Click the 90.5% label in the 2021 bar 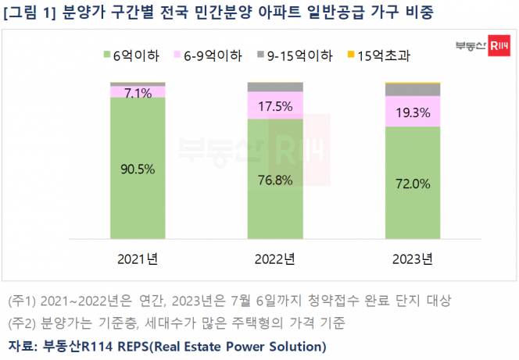point(138,169)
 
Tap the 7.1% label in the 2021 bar point(138,93)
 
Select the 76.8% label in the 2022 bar point(275,180)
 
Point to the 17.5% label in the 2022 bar point(275,105)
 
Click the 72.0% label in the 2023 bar point(412,184)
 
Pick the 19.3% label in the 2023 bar point(412,112)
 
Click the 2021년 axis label point(138,258)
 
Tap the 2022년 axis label point(275,258)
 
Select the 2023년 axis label point(412,258)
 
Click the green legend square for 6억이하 point(106,55)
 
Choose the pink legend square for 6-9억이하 point(177,55)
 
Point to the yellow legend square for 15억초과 point(350,55)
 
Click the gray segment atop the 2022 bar point(275,87)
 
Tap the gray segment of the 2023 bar point(412,90)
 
